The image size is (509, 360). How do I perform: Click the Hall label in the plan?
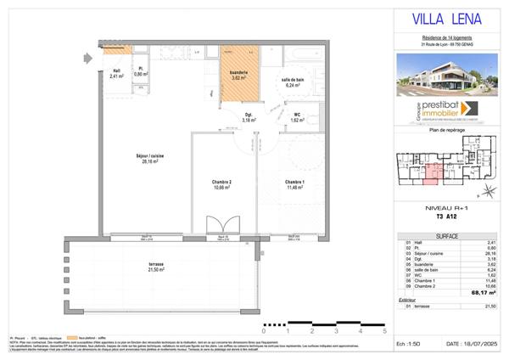coord(116,72)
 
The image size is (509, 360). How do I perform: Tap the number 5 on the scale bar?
coord(384,333)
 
